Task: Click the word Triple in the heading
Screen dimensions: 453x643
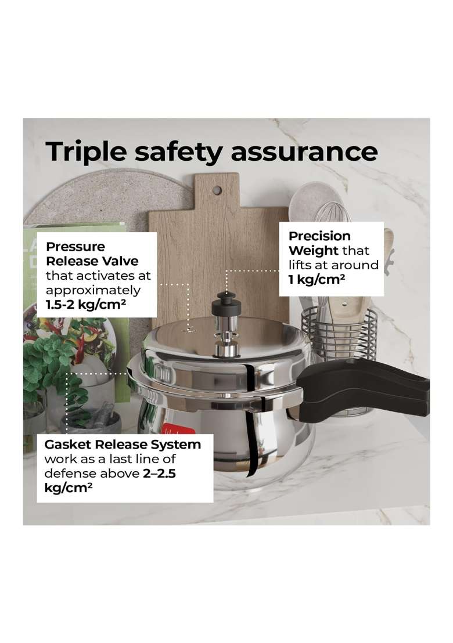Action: (x=86, y=152)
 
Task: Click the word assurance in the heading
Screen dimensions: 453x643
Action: (x=304, y=151)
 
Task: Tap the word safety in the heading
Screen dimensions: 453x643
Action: (x=178, y=152)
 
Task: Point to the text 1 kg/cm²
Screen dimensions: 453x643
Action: (x=317, y=280)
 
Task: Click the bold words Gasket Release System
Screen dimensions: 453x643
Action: (x=123, y=445)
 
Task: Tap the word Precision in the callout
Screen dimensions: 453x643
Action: (x=319, y=236)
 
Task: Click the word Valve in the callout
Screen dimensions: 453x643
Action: (x=120, y=261)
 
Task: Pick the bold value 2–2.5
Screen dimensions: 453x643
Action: (x=159, y=474)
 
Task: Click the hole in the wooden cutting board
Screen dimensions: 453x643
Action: (x=217, y=190)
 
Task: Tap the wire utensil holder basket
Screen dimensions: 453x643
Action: (x=339, y=336)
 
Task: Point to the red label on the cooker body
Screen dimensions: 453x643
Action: (x=172, y=431)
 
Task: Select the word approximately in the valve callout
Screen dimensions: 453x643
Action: (x=93, y=291)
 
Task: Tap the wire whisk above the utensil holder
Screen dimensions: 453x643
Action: (x=332, y=215)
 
